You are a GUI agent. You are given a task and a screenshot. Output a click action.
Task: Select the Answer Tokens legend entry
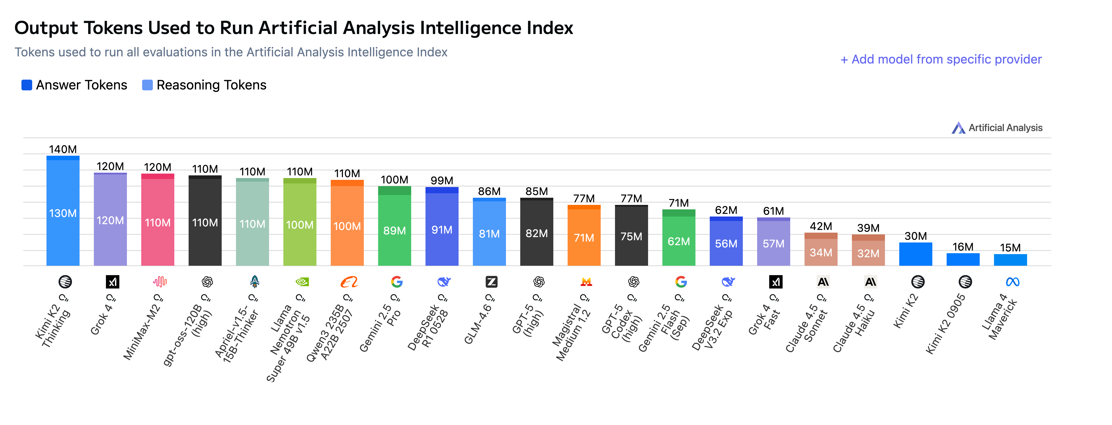click(x=74, y=85)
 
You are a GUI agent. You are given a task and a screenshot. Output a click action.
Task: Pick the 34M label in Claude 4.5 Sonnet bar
click(x=821, y=253)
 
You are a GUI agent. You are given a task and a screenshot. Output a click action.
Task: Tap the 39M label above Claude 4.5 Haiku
click(x=868, y=228)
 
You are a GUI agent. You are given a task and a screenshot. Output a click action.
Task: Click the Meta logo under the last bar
click(x=1012, y=282)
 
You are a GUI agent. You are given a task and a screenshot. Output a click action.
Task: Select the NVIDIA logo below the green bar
click(x=302, y=282)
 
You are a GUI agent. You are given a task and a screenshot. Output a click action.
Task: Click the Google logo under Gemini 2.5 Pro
click(x=397, y=282)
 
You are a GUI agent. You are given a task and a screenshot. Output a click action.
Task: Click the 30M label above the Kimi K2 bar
click(x=916, y=236)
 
